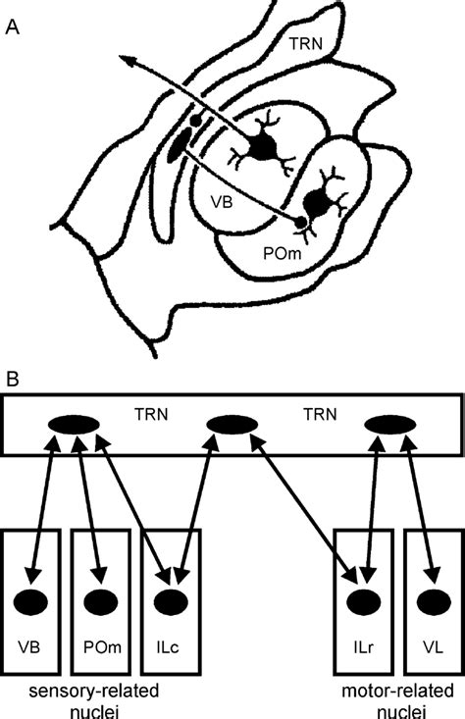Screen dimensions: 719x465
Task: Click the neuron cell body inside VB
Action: tap(262, 147)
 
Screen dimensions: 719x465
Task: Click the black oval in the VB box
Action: tap(36, 599)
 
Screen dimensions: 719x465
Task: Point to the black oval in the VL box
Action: tap(433, 599)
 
